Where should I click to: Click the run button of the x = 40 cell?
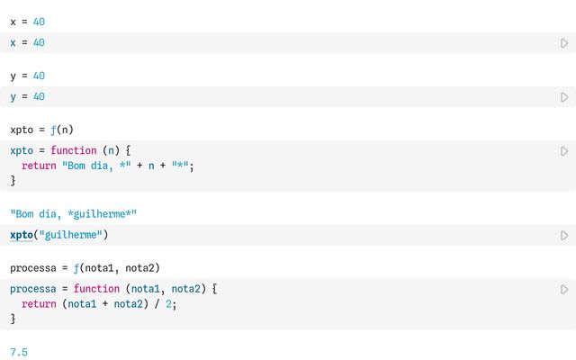point(564,43)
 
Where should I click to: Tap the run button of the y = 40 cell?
point(564,97)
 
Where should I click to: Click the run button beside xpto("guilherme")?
point(564,235)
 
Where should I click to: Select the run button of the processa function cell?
point(564,289)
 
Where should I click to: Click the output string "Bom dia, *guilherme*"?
point(74,214)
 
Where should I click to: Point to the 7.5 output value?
point(19,352)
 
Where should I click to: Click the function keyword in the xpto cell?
point(74,150)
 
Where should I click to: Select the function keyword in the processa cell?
point(96,289)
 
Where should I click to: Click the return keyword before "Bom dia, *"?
point(39,166)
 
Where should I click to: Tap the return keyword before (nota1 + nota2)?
point(39,304)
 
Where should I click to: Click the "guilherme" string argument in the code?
point(70,235)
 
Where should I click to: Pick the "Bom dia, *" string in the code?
point(96,166)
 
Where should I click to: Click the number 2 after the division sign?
point(168,304)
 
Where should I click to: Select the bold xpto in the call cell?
point(22,235)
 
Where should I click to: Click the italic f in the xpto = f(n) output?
point(54,130)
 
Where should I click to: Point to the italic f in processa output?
point(76,268)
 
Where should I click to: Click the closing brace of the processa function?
point(13,319)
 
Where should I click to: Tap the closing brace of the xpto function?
point(13,181)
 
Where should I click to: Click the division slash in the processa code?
point(157,304)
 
